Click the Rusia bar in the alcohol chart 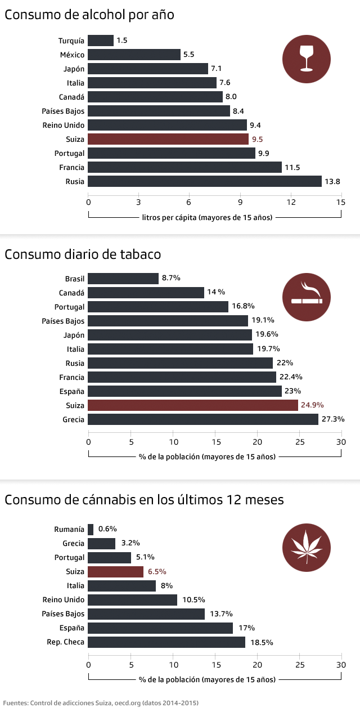(205, 181)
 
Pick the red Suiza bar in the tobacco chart (193, 405)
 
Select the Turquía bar (101, 41)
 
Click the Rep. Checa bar (166, 642)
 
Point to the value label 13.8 (332, 181)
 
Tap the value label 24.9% (313, 405)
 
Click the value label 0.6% (107, 529)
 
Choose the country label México (72, 55)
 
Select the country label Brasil (74, 279)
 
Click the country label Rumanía (69, 529)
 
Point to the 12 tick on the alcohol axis (291, 201)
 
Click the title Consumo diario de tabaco (83, 254)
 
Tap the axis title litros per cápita (207, 217)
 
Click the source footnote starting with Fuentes (101, 703)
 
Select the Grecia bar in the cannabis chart (102, 543)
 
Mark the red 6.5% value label (157, 571)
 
